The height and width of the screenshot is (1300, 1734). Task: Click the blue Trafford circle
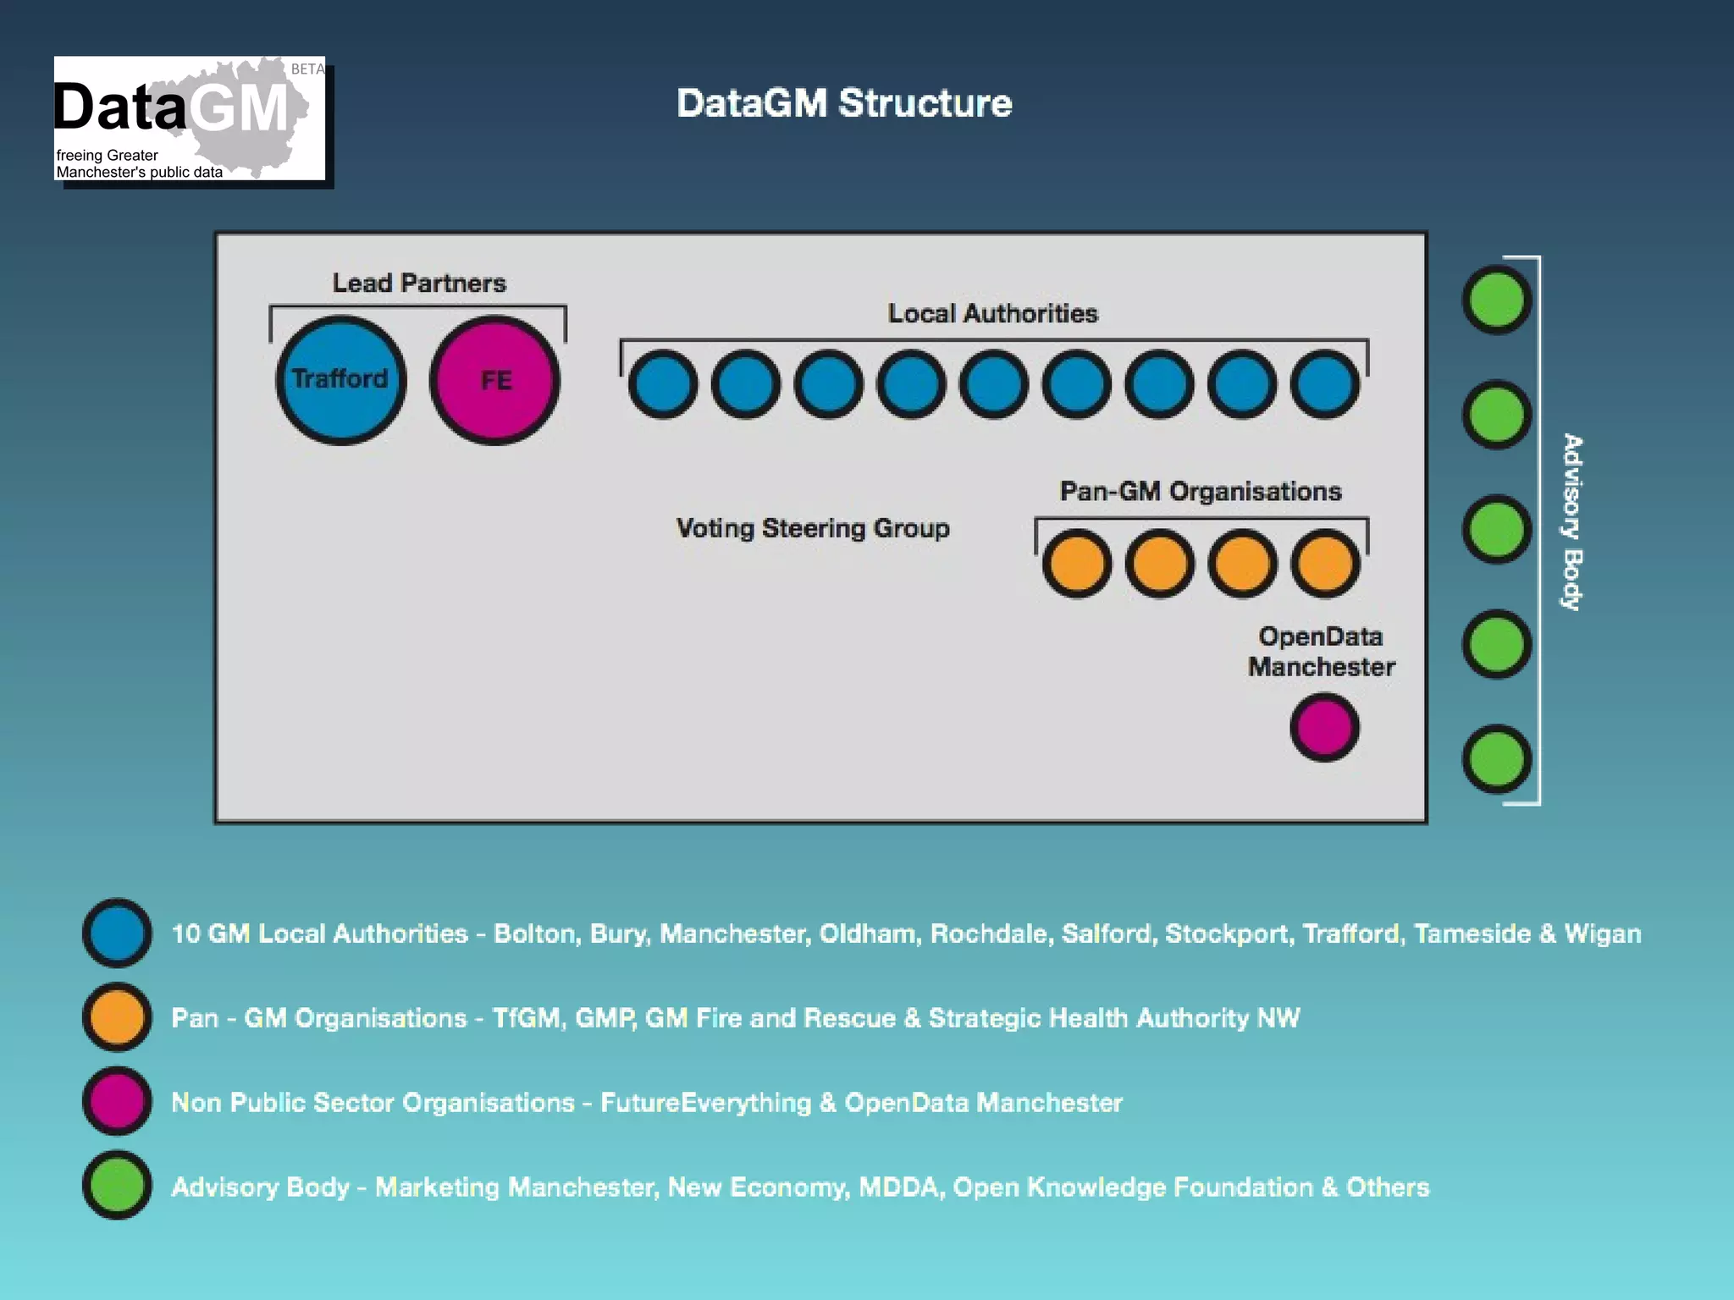(x=340, y=380)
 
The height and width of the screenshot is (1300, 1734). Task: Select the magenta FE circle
(x=494, y=380)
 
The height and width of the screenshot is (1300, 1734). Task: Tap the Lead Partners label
(x=418, y=283)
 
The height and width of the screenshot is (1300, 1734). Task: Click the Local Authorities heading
(x=992, y=313)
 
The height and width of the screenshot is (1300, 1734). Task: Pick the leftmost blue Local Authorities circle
(x=663, y=384)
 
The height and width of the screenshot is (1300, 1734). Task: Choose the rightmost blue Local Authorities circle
(x=1325, y=384)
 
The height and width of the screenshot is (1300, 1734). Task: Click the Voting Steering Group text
(x=813, y=528)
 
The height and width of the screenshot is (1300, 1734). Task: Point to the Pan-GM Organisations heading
(x=1201, y=491)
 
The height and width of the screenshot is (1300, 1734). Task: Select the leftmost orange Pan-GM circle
(x=1076, y=564)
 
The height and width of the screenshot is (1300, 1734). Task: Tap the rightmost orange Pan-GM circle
(x=1325, y=564)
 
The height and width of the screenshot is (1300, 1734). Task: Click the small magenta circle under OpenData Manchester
(x=1324, y=727)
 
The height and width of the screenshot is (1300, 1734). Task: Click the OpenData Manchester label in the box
(x=1321, y=652)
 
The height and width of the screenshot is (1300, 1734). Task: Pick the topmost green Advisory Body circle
(x=1496, y=300)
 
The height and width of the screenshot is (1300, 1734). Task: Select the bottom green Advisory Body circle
(x=1496, y=759)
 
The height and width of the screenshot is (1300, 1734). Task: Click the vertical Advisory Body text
(x=1572, y=522)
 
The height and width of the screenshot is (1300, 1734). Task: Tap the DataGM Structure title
(x=843, y=103)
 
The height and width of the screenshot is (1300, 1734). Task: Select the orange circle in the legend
(x=117, y=1016)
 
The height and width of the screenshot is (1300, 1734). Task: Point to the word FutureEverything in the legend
(x=705, y=1102)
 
